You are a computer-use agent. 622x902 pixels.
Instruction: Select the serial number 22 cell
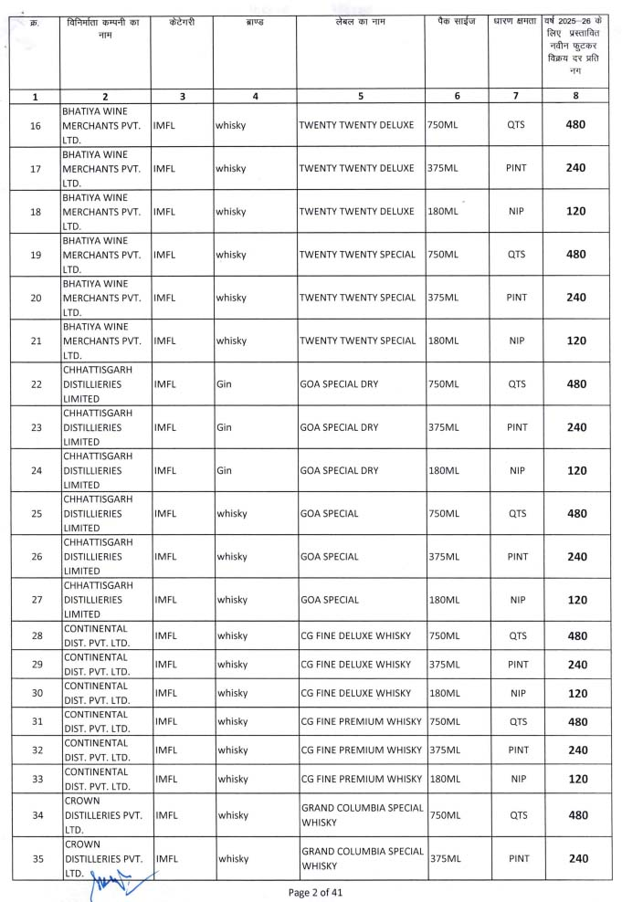click(36, 384)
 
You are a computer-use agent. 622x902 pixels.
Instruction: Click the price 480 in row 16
click(576, 125)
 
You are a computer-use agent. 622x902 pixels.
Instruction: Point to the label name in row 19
click(357, 255)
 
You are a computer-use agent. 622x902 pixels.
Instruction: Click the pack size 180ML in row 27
click(443, 600)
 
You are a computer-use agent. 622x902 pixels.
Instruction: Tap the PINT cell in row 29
click(517, 665)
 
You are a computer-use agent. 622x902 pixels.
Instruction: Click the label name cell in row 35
click(362, 858)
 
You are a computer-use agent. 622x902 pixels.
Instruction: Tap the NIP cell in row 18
click(517, 212)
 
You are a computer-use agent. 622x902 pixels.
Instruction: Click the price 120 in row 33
click(576, 780)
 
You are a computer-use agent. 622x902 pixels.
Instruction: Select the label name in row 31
click(361, 722)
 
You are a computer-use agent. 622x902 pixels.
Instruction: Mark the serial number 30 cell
click(36, 694)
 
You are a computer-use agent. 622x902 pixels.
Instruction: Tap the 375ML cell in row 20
click(443, 298)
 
